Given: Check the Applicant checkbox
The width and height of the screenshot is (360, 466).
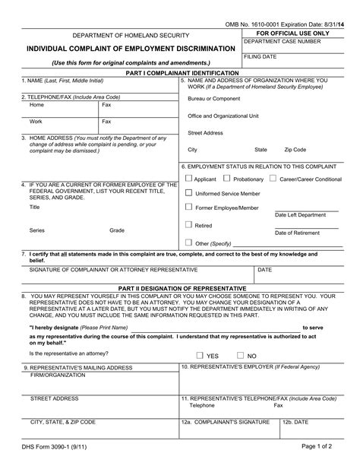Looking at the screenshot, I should click(x=188, y=179).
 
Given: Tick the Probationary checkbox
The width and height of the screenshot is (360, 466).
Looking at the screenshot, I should click(x=227, y=179).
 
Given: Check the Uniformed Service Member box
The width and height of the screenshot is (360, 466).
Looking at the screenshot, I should click(x=188, y=193).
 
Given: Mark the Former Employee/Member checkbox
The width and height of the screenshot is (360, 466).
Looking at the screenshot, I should click(x=188, y=207).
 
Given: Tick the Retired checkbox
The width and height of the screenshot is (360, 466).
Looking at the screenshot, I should click(x=188, y=225).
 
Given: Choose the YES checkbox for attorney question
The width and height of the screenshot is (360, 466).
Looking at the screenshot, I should click(x=199, y=355).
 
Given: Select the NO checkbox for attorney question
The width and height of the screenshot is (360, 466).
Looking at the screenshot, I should click(x=240, y=355).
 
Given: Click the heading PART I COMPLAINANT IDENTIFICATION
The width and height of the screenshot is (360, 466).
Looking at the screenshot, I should click(x=180, y=72).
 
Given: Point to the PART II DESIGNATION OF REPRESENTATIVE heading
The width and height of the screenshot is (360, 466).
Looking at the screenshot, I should click(x=180, y=289).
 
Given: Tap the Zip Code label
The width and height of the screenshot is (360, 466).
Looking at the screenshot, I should click(x=295, y=150).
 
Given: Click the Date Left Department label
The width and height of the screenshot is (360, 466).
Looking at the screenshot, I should click(x=301, y=215).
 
